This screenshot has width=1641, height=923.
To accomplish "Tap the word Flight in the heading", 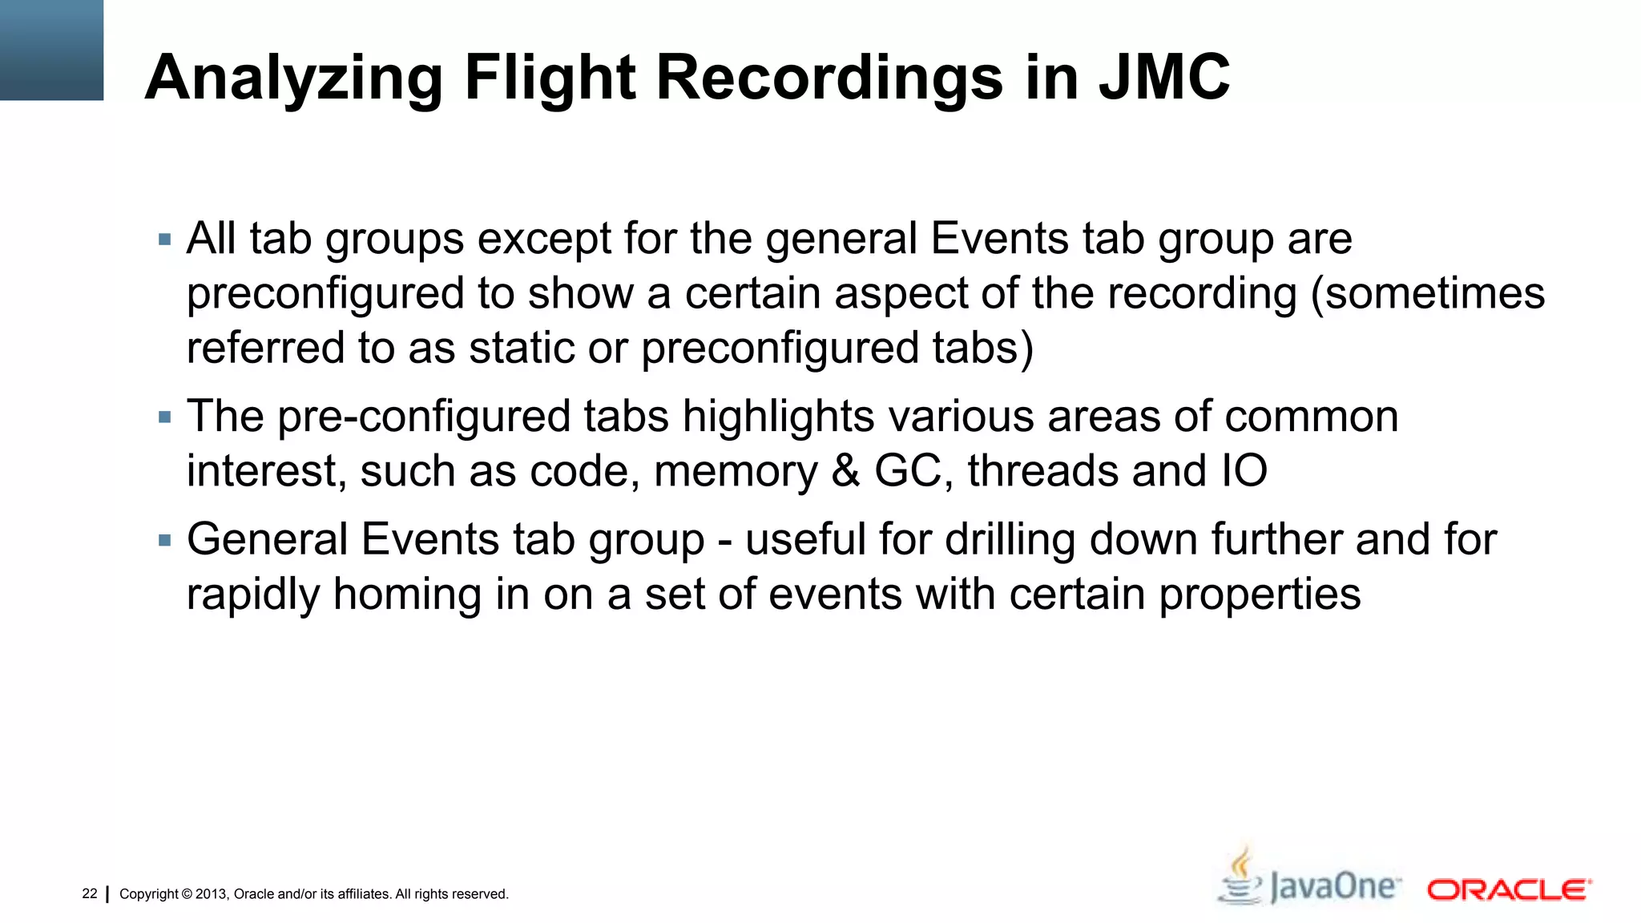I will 550,78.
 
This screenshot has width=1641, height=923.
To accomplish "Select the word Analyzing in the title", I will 293,78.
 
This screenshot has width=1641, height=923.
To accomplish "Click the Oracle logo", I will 1509,889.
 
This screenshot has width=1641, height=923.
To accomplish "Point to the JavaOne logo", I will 1309,881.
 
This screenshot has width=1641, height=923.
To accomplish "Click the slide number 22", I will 90,893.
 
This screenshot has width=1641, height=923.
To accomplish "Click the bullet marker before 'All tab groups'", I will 165,240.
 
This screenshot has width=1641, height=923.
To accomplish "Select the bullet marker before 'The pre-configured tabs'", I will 165,417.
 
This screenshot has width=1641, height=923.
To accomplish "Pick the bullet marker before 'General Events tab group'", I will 165,541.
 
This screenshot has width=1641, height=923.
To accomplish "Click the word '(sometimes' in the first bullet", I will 1427,293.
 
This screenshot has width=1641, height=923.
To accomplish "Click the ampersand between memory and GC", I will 845,470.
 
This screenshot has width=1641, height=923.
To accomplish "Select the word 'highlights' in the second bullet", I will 778,417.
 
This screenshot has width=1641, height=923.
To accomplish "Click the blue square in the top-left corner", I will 51,50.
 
